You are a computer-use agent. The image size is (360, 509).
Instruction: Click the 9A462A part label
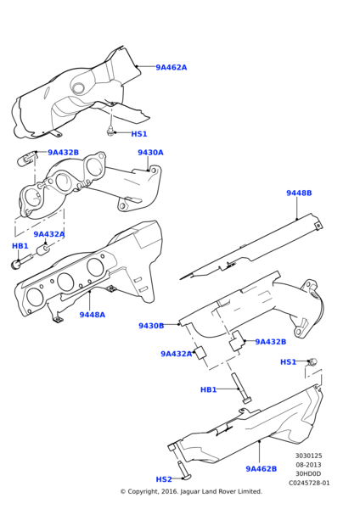pyautogui.click(x=194, y=67)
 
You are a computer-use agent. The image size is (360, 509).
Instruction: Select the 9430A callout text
pyautogui.click(x=150, y=153)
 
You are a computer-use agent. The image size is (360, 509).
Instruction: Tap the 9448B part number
pyautogui.click(x=298, y=216)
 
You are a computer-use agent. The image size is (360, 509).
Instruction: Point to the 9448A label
pyautogui.click(x=92, y=315)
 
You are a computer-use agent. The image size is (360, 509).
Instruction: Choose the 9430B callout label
pyautogui.click(x=150, y=326)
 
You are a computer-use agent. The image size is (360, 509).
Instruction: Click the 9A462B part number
pyautogui.click(x=261, y=468)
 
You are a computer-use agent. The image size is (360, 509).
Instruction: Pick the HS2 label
pyautogui.click(x=164, y=479)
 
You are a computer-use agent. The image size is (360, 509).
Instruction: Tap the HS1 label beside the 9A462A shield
pyautogui.click(x=138, y=134)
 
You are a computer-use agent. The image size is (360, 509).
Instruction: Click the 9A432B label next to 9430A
pyautogui.click(x=63, y=153)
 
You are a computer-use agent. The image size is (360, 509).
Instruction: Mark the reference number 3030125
pyautogui.click(x=308, y=456)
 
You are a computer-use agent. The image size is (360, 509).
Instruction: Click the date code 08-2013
pyautogui.click(x=308, y=465)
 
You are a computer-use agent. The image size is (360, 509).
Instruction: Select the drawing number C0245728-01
pyautogui.click(x=308, y=483)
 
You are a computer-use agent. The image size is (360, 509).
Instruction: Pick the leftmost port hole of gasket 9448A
pyautogui.click(x=35, y=297)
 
